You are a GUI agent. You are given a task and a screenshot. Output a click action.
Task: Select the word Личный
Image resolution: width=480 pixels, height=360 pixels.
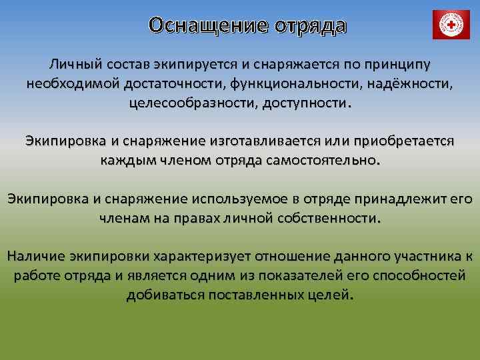pyautogui.click(x=73, y=65)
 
